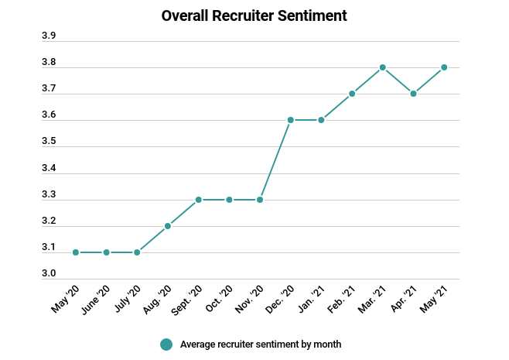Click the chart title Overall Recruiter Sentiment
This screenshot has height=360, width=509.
[254, 15]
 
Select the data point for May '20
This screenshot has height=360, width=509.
[76, 252]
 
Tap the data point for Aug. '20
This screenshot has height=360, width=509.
[168, 226]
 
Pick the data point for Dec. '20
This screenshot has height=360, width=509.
[291, 120]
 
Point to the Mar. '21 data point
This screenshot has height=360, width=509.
[383, 67]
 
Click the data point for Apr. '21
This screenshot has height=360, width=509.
[414, 94]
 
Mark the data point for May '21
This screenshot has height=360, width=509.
[444, 67]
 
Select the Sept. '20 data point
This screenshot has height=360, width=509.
[199, 200]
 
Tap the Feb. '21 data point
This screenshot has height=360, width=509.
[352, 94]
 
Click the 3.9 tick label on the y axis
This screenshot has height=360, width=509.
[48, 36]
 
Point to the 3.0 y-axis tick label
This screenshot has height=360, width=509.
[48, 274]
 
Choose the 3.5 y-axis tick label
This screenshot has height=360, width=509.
[48, 142]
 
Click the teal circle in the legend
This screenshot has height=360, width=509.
[166, 345]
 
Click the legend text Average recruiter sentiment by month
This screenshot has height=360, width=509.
[260, 345]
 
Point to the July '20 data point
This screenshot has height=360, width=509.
[137, 252]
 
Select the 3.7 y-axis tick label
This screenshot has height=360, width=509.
[48, 89]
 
